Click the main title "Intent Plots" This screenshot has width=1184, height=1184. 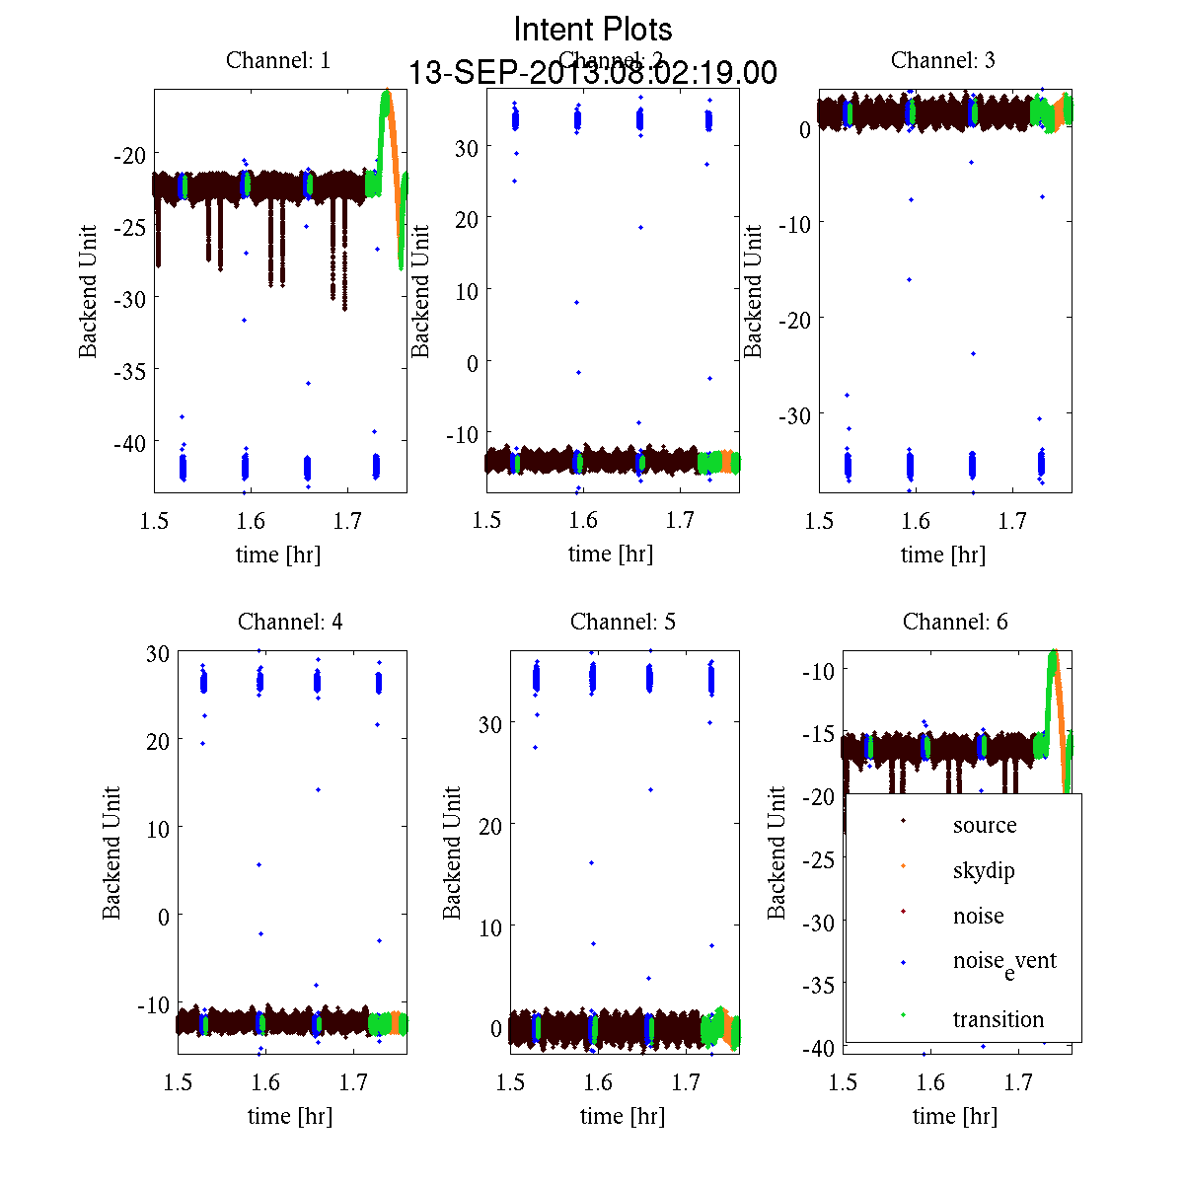(593, 29)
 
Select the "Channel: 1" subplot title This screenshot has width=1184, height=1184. (278, 60)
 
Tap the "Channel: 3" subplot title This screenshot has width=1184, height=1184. (942, 60)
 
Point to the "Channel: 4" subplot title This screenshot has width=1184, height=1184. (290, 622)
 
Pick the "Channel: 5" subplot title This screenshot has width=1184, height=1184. (623, 622)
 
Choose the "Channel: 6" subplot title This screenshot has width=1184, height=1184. (955, 622)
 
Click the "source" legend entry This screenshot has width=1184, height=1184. (984, 825)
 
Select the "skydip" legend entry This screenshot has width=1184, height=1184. (983, 870)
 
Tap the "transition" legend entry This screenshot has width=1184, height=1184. (998, 1019)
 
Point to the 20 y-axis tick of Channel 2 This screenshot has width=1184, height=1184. (466, 219)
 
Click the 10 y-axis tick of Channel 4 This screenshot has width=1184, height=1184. (156, 828)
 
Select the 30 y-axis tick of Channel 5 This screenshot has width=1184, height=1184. (489, 723)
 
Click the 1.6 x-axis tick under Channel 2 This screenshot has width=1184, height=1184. (583, 520)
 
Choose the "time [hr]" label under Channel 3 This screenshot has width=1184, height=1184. (942, 555)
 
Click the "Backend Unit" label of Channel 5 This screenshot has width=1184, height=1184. (452, 852)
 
